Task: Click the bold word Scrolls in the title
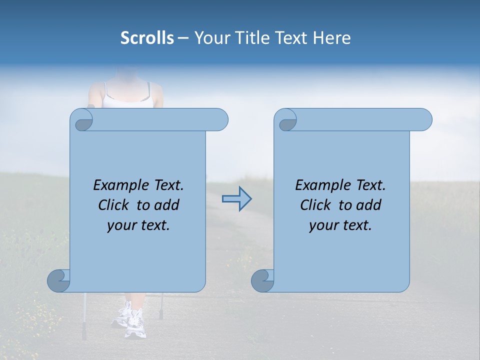pyautogui.click(x=147, y=38)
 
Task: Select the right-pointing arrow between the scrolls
pyautogui.click(x=236, y=199)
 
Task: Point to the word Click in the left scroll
pyautogui.click(x=113, y=205)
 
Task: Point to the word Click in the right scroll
pyautogui.click(x=315, y=205)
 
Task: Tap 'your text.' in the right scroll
pyautogui.click(x=340, y=225)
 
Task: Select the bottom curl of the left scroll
pyautogui.click(x=58, y=281)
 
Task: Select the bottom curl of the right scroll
pyautogui.click(x=262, y=281)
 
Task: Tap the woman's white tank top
pyautogui.click(x=127, y=100)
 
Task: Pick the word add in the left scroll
pyautogui.click(x=167, y=205)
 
